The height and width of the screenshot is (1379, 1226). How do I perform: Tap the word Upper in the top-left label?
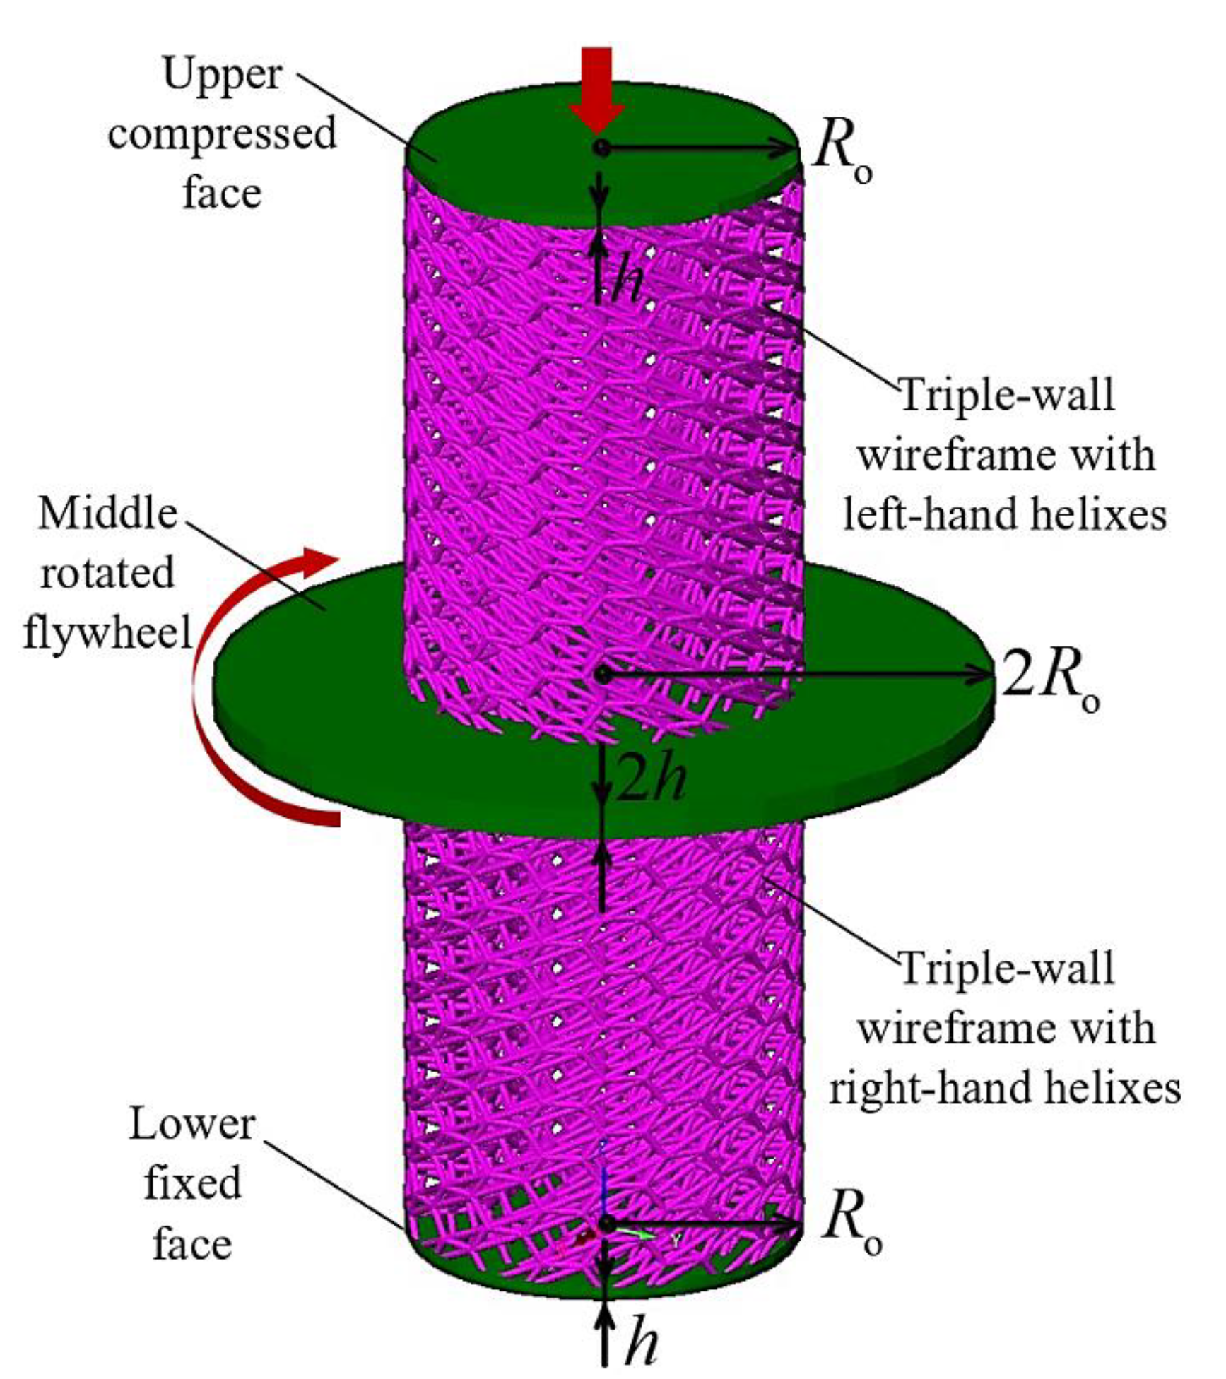(222, 73)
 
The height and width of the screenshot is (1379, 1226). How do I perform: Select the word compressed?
(222, 134)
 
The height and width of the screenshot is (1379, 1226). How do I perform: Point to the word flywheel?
(107, 632)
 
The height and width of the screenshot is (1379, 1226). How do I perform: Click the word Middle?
(107, 514)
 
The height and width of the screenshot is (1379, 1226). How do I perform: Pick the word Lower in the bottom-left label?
(191, 1124)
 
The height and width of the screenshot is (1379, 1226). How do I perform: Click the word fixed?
(191, 1183)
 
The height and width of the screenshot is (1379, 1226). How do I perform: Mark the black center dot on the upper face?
(601, 148)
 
